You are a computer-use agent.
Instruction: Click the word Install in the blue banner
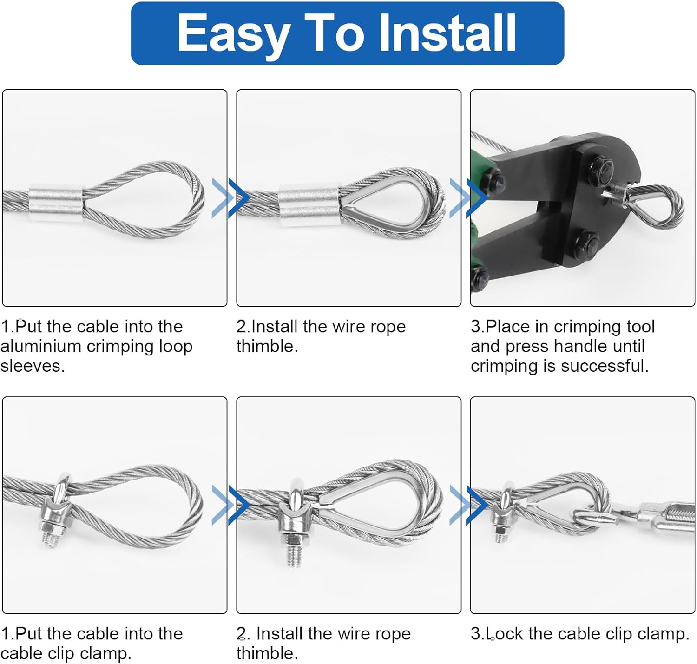click(447, 33)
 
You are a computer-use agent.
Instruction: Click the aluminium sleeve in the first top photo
click(56, 203)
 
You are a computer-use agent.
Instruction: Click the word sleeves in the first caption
click(33, 366)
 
